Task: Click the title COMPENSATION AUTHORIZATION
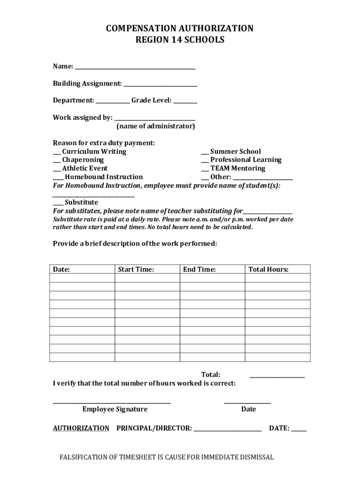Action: [x=180, y=29]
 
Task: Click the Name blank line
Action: [x=135, y=69]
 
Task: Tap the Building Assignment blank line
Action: [x=160, y=86]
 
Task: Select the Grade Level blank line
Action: [x=186, y=103]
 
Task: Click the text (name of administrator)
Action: [x=155, y=126]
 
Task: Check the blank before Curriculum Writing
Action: [x=56, y=154]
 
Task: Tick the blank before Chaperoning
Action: [x=56, y=162]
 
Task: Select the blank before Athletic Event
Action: [x=56, y=171]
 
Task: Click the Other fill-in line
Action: [x=263, y=179]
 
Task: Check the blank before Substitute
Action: [x=58, y=205]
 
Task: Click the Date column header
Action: [x=61, y=269]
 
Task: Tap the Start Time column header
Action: [x=136, y=269]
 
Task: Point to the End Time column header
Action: [x=200, y=269]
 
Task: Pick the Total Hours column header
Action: [x=268, y=269]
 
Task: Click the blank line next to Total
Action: [x=277, y=377]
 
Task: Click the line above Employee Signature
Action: [x=112, y=402]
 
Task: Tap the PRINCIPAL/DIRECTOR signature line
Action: [x=227, y=430]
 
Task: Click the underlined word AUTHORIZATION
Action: [x=81, y=428]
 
